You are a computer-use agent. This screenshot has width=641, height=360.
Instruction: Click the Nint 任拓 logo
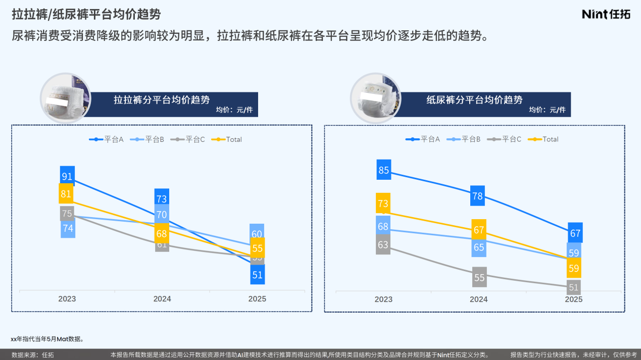pos(606,14)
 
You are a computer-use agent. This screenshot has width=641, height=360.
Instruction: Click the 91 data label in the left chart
pos(67,176)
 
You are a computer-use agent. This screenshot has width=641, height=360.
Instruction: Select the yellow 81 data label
pos(66,194)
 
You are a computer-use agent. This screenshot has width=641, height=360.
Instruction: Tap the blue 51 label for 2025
pos(258,275)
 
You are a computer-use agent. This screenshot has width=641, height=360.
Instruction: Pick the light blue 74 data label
pos(68,228)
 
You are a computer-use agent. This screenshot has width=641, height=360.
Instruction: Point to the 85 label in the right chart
pos(384,170)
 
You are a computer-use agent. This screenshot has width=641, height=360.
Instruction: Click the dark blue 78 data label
pos(477,195)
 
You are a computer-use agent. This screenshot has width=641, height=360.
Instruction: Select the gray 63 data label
pos(383,245)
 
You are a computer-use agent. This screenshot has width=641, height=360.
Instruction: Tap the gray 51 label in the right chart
pos(573,288)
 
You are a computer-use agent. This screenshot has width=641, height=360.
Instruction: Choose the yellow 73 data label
pos(383,203)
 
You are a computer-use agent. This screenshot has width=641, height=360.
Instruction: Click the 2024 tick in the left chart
pos(162,299)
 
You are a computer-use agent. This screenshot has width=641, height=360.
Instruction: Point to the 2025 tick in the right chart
pos(573,299)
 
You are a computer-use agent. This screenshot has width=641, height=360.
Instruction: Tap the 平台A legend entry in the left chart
pos(107,139)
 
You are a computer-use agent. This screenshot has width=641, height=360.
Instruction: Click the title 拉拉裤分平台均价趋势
pos(162,100)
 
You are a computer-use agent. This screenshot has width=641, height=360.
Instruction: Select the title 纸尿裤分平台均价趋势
pos(474,100)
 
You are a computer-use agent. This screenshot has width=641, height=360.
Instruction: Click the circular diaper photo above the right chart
pos(375,98)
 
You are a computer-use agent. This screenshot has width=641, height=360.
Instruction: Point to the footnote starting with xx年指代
pos(47,339)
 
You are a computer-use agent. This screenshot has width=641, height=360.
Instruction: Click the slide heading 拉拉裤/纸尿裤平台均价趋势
pos(87,14)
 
